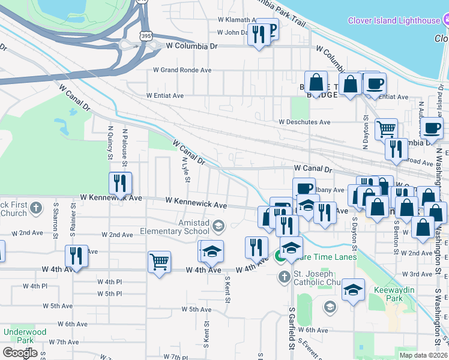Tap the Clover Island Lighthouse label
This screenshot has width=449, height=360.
click(394, 20)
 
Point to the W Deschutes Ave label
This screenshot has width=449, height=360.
click(304, 122)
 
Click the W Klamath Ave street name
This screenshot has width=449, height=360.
click(224, 20)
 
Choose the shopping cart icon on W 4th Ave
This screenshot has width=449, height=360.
click(160, 262)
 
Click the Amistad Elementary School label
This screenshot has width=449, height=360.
click(175, 226)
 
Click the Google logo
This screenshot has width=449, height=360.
click(20, 353)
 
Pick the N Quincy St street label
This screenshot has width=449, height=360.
click(110, 142)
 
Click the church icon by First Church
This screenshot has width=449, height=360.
click(36, 208)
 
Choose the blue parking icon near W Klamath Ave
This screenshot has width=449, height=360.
click(270, 30)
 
